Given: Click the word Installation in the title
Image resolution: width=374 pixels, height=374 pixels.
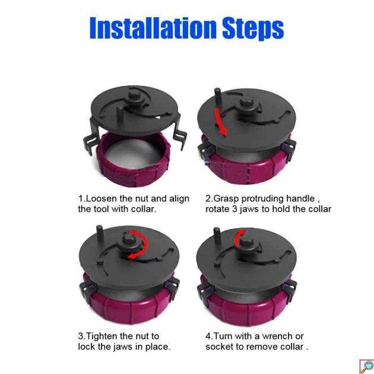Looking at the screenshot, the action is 153,28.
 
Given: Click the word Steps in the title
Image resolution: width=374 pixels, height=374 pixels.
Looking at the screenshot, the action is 253,29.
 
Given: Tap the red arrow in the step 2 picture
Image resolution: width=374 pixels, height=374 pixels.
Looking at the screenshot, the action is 221,122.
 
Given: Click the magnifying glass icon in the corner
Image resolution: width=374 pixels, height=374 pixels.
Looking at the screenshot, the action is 367,367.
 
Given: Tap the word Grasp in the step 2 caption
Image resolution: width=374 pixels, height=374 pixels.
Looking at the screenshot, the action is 226,199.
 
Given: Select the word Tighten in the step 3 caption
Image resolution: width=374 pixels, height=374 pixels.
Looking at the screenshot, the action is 102,337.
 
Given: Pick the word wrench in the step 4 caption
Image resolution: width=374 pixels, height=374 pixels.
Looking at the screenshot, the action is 277,337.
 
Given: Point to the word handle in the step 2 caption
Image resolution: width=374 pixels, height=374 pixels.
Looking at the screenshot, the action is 300,198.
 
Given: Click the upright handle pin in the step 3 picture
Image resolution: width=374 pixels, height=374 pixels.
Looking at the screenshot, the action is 100,233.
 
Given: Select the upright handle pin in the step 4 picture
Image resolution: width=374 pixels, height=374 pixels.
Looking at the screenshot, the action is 217,236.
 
